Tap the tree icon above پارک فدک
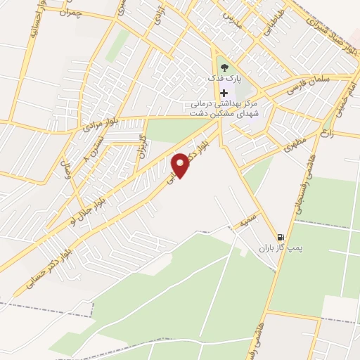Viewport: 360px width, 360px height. (x=224, y=68)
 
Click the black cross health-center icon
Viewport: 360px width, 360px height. (x=224, y=93)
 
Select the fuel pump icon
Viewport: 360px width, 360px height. (x=281, y=237)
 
